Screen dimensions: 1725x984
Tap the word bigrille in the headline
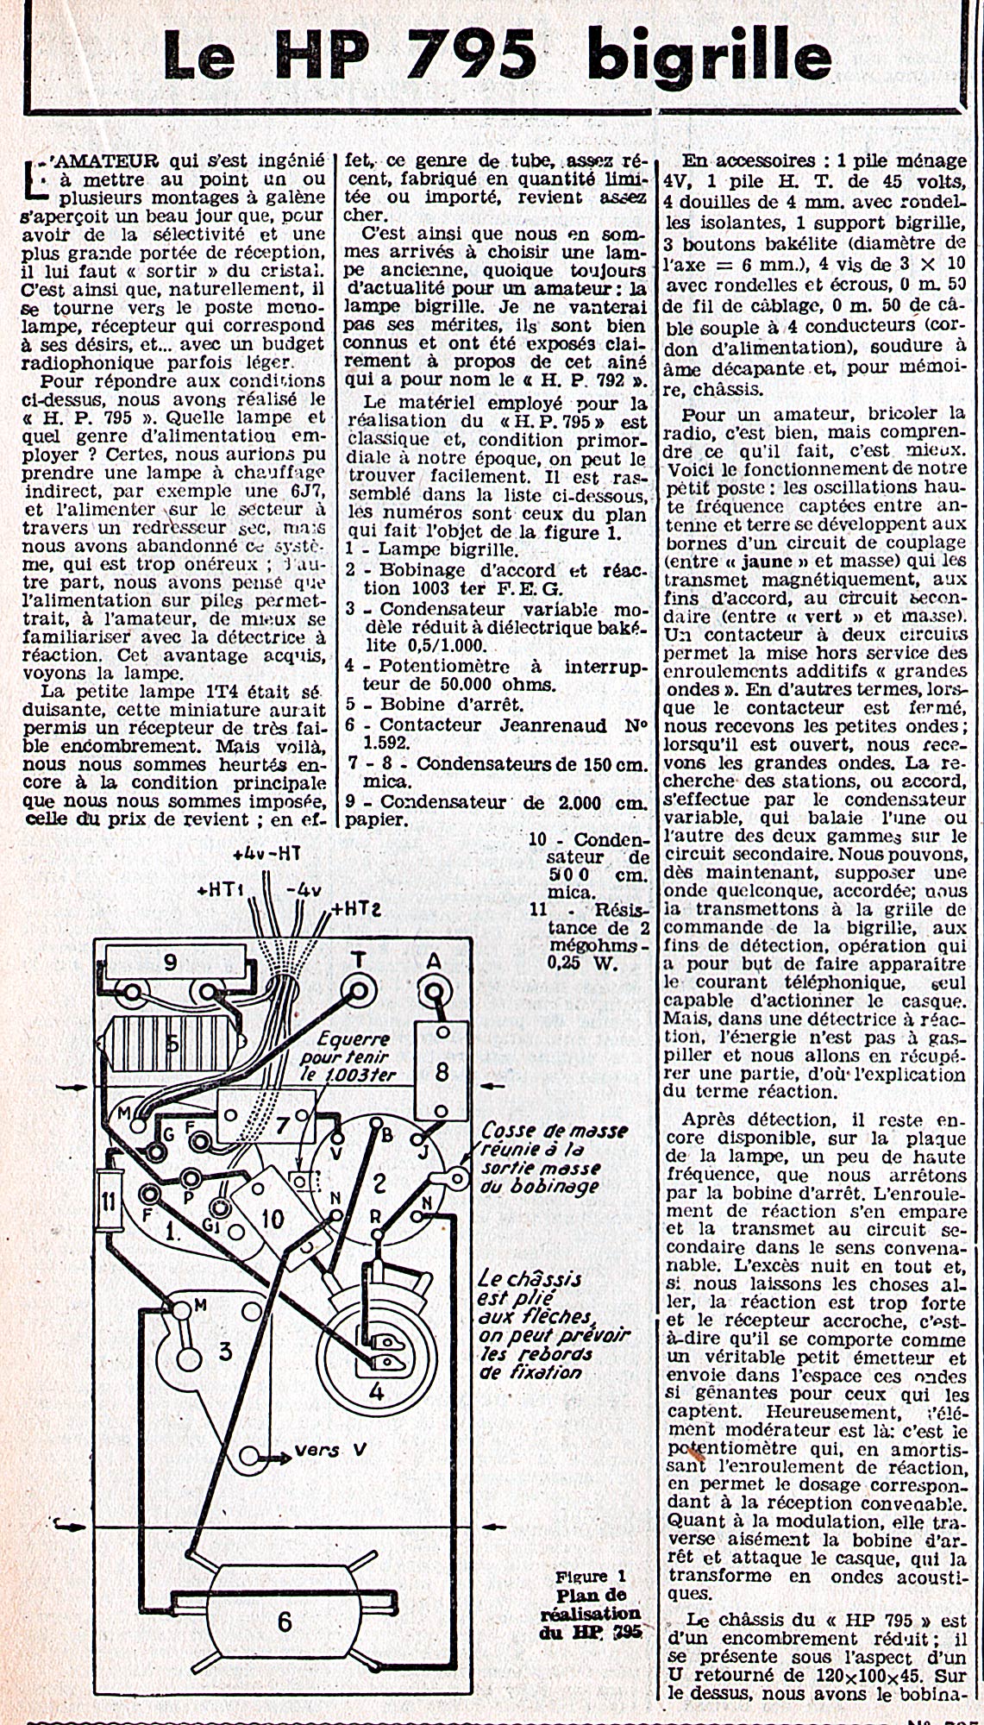(x=710, y=57)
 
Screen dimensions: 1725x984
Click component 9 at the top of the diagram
(x=170, y=961)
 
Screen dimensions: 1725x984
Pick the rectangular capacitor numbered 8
(x=442, y=1070)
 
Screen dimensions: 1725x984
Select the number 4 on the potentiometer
(x=377, y=1391)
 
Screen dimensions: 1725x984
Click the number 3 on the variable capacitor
(x=225, y=1351)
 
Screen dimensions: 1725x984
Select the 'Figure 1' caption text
(x=592, y=1575)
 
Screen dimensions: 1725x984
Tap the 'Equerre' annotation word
(x=353, y=1038)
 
